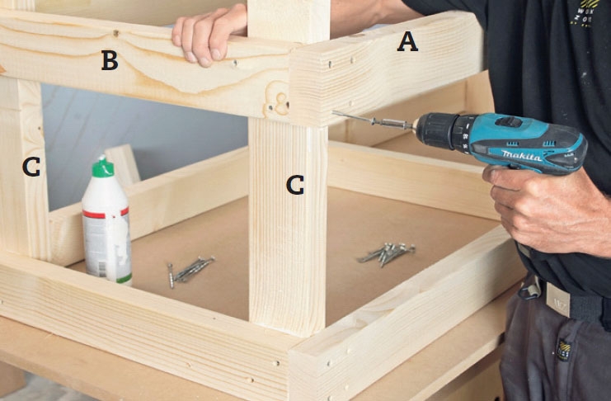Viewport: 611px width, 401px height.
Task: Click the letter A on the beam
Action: [407, 42]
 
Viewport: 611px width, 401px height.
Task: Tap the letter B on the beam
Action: [110, 60]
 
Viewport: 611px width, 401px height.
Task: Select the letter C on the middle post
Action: [295, 185]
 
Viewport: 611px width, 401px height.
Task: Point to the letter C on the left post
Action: [31, 167]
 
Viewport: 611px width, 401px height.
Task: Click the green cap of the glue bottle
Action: [103, 167]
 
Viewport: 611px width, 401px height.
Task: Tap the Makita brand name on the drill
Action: [522, 156]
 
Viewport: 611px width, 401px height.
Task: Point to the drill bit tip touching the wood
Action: [333, 113]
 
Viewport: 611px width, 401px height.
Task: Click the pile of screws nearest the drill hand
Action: [387, 252]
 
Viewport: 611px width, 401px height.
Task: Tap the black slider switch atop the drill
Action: [508, 122]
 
